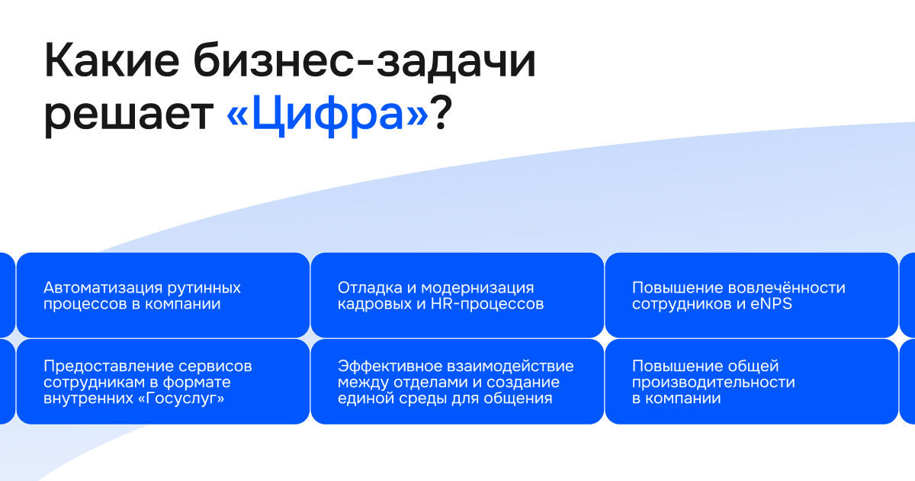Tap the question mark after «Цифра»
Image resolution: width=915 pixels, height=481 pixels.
click(441, 112)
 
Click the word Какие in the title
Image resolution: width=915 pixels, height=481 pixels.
click(111, 60)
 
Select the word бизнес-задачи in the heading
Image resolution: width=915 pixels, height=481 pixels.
click(364, 61)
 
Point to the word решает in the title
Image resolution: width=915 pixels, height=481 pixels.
click(129, 115)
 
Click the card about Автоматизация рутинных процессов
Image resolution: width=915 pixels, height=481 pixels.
click(163, 295)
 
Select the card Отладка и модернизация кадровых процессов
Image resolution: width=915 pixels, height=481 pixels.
click(457, 295)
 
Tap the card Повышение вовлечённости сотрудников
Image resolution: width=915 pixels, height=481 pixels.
click(751, 295)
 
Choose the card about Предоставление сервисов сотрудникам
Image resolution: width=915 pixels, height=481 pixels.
click(163, 382)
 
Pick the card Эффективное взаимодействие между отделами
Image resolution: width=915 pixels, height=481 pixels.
click(457, 382)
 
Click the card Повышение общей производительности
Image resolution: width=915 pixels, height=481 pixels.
click(751, 382)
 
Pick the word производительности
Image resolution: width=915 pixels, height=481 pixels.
click(713, 383)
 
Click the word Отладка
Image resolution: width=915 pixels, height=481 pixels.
click(370, 289)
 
